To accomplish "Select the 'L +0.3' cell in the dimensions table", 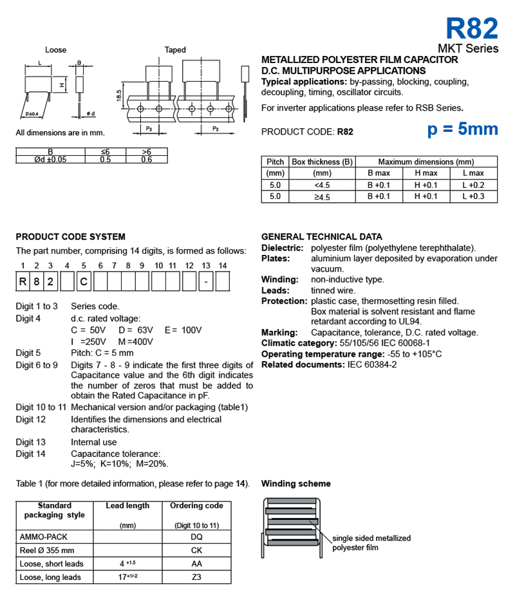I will tap(473, 196).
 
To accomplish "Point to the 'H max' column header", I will tap(426, 173).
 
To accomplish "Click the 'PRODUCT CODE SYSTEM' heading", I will tap(70, 237).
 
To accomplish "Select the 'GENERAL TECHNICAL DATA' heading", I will tap(321, 237).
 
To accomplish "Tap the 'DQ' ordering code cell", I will tap(196, 536).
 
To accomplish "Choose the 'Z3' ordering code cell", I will tap(196, 577).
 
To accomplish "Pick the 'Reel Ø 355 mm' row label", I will tap(47, 550).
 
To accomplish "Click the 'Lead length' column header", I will tap(127, 506).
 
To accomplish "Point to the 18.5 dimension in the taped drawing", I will tap(119, 95).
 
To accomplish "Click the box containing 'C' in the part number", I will tap(84, 281).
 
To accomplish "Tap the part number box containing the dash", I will tap(205, 281).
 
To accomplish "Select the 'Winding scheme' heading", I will tap(295, 483).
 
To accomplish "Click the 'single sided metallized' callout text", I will tap(371, 538).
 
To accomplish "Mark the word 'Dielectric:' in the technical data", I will tap(282, 248).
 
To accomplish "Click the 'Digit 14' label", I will tap(31, 454).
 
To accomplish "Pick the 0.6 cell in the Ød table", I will tap(146, 159).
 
